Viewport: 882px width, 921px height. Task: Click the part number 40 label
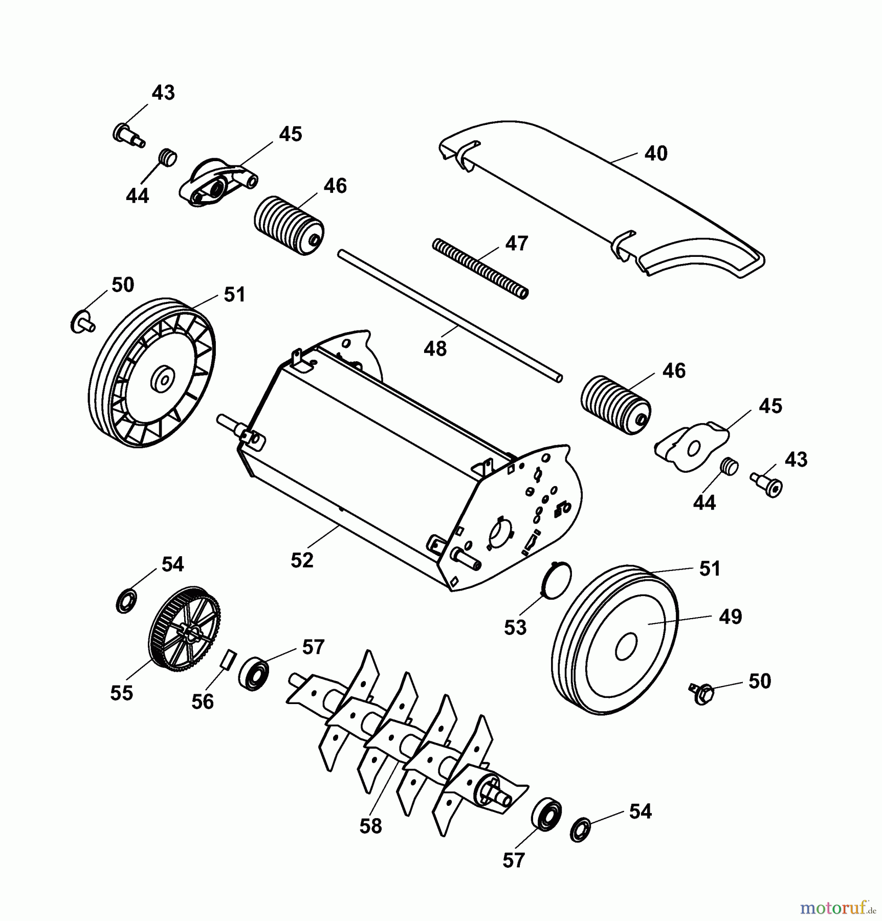656,153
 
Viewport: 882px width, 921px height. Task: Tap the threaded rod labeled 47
480,268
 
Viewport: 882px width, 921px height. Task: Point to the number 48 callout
435,349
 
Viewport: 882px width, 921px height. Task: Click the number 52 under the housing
302,560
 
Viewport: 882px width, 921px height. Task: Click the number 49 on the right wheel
730,617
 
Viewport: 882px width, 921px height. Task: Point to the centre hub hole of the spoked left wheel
163,379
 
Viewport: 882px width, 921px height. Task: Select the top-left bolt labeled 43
128,135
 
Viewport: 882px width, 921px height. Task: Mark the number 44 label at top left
137,195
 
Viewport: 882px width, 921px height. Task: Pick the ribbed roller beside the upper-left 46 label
289,225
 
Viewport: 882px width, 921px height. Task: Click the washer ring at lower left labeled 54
126,601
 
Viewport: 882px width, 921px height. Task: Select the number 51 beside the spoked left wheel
234,295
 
